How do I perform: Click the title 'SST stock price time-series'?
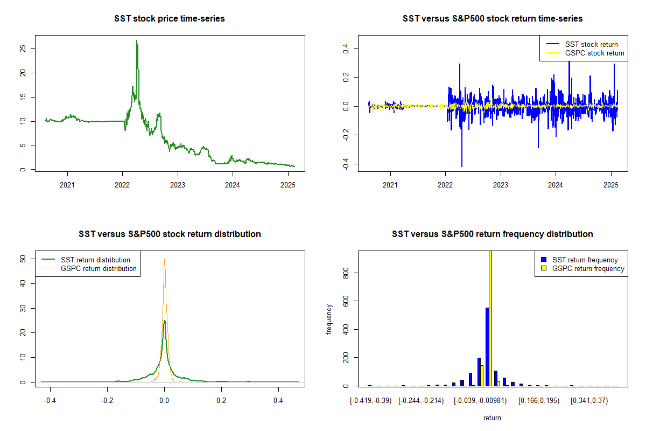pos(170,19)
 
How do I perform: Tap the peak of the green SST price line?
pos(137,41)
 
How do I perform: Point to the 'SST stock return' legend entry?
pos(591,44)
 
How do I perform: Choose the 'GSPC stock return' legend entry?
pos(594,53)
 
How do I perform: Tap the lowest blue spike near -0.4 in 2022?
pos(461,166)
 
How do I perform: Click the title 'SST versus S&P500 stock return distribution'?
pos(170,234)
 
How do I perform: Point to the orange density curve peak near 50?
pos(164,260)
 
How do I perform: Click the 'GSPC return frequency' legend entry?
pos(588,268)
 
